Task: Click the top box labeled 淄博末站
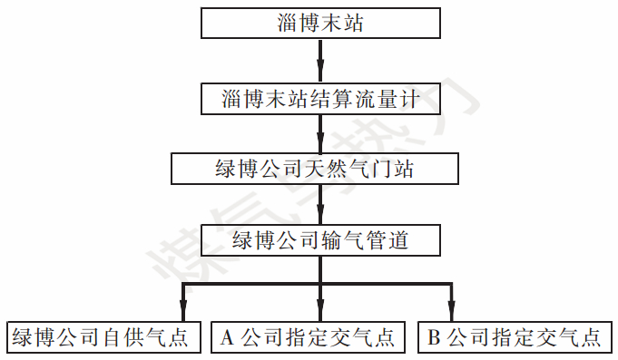click(320, 24)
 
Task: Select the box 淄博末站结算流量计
click(320, 98)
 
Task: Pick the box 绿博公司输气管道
click(320, 241)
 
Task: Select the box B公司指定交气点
click(515, 338)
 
